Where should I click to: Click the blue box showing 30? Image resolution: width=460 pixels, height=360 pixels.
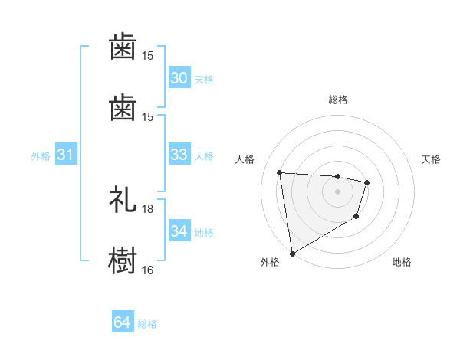click(179, 78)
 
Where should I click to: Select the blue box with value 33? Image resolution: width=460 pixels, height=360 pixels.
click(179, 155)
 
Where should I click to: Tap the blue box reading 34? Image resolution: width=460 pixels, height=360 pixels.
click(179, 231)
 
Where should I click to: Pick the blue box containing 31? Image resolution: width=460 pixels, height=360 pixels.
click(66, 155)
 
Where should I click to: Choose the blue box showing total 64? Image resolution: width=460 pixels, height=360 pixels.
click(123, 322)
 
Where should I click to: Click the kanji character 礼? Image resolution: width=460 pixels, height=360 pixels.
click(123, 199)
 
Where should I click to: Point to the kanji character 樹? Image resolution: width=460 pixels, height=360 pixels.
click(123, 259)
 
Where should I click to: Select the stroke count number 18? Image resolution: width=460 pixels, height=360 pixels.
click(148, 209)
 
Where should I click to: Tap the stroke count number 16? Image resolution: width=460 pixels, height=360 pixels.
click(148, 270)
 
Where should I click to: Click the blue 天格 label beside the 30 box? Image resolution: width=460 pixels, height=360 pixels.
click(204, 80)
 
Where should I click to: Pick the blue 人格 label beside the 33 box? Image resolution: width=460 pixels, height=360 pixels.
click(204, 156)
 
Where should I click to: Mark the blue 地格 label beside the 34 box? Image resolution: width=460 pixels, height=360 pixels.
click(204, 233)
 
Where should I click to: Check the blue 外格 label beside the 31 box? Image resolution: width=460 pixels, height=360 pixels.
click(41, 156)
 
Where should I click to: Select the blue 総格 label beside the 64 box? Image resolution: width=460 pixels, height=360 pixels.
click(147, 324)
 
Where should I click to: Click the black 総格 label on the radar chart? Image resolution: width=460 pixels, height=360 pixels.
click(338, 100)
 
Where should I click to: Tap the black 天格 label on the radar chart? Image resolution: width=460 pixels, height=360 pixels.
click(432, 159)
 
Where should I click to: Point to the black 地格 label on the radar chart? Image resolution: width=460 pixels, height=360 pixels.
click(402, 262)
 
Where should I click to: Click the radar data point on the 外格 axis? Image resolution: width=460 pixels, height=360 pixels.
click(292, 253)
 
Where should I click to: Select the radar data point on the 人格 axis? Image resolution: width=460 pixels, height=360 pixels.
click(280, 172)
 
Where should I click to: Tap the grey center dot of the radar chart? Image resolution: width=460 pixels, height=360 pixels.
click(338, 191)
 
